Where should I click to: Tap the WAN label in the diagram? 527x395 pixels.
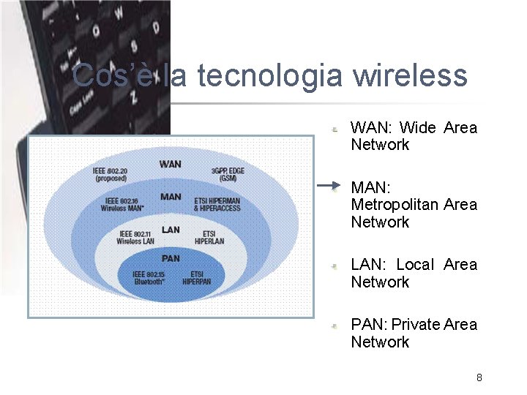170,164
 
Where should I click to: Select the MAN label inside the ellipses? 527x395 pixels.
171,197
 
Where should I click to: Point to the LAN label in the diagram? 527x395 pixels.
171,230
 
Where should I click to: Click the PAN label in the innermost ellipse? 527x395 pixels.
170,258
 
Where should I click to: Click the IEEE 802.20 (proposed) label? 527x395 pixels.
110,174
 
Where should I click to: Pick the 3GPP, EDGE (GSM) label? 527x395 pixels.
228,174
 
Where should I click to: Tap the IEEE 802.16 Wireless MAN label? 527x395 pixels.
122,204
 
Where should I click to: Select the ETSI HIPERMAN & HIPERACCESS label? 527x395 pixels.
217,204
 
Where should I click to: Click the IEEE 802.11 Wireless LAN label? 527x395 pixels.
135,237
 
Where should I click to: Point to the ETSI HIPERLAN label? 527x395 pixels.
209,237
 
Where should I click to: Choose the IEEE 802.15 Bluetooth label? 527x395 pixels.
149,277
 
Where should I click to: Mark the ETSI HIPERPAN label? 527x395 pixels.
197,277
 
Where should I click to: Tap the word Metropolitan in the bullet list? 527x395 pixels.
395,205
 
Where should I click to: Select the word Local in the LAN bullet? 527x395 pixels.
415,265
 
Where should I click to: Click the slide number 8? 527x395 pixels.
479,377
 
